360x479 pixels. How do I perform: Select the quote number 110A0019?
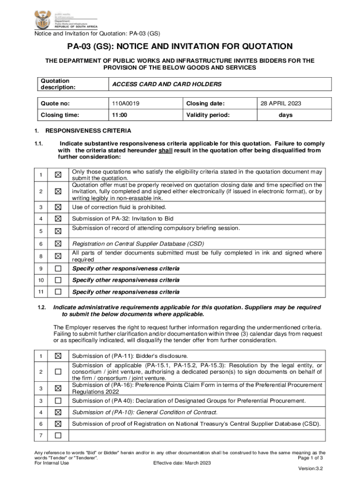(125, 103)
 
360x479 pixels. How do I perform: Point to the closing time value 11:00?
(120, 115)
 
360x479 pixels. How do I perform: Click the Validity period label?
(208, 115)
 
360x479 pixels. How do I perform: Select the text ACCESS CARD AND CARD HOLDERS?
(166, 84)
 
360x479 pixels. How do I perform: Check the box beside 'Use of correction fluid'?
(58, 207)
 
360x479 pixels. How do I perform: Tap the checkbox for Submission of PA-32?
(58, 218)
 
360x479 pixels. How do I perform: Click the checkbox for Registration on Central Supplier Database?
(58, 244)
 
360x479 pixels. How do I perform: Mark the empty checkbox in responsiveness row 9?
(58, 269)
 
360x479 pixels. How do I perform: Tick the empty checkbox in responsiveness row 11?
(58, 292)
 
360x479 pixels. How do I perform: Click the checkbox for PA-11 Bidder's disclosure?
(58, 356)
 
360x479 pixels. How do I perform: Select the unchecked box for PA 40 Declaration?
(58, 401)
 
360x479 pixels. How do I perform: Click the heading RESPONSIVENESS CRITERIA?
(88, 131)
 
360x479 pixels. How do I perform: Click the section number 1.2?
(42, 307)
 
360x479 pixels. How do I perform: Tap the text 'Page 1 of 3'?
(310, 458)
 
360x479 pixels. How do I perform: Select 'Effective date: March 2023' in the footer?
(182, 463)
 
